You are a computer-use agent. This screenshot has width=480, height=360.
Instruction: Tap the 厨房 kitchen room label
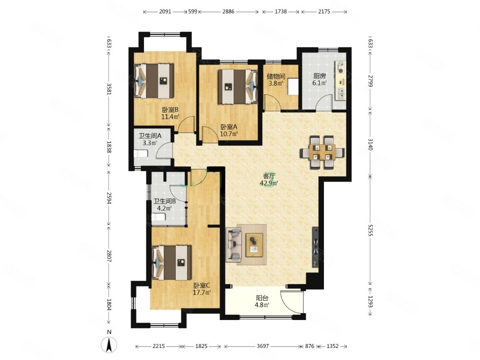319,76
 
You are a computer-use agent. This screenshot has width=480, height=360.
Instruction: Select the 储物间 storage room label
276,76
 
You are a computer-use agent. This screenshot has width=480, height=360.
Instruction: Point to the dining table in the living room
322,152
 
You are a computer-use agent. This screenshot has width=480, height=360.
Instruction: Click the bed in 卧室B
154,81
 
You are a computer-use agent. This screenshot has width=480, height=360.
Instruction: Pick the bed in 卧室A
237,87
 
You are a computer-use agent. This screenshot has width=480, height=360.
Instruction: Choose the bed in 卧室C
172,262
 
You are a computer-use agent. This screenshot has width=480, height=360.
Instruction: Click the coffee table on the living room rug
254,244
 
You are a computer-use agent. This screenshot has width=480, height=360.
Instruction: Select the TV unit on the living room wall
315,246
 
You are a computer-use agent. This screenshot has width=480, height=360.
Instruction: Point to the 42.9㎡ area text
269,184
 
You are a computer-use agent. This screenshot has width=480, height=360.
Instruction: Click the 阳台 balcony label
262,297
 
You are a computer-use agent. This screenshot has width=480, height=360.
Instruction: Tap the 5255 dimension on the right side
371,233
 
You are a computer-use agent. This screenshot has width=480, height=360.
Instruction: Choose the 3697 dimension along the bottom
263,346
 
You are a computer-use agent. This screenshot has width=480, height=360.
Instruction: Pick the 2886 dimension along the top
228,12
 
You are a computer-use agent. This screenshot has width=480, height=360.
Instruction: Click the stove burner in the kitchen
340,68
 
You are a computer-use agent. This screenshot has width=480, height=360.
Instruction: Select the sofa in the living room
234,244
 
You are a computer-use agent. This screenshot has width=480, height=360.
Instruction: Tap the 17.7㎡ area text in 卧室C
202,292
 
